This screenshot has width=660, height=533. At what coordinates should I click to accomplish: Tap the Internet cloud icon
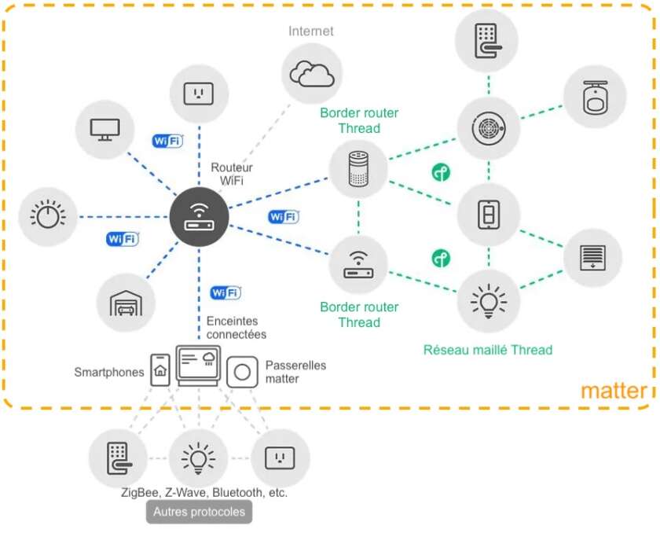pyautogui.click(x=312, y=73)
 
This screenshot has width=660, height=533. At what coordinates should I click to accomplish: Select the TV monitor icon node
pyautogui.click(x=104, y=128)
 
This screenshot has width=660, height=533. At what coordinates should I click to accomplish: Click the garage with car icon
pyautogui.click(x=126, y=301)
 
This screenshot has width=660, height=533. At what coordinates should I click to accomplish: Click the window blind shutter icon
pyautogui.click(x=593, y=257)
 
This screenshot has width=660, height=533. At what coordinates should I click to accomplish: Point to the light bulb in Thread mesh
pyautogui.click(x=487, y=300)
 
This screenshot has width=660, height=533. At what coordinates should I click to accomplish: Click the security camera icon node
pyautogui.click(x=596, y=95)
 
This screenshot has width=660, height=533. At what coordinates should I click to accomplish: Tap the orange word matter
pyautogui.click(x=614, y=391)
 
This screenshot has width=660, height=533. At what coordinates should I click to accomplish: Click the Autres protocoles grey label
pyautogui.click(x=199, y=512)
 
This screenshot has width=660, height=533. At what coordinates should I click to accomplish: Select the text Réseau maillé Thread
pyautogui.click(x=487, y=350)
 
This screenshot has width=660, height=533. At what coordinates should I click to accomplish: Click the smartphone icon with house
pyautogui.click(x=160, y=369)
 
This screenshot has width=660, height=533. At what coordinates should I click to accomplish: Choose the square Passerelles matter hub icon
pyautogui.click(x=243, y=371)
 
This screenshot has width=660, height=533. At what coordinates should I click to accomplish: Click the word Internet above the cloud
pyautogui.click(x=310, y=31)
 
